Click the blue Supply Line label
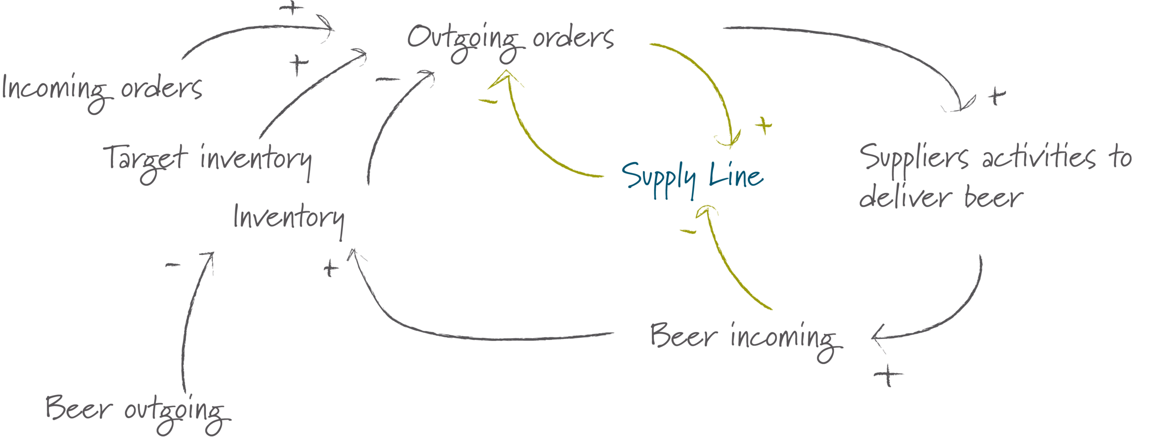[x=692, y=178]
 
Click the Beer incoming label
[x=745, y=338]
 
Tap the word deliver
[x=905, y=198]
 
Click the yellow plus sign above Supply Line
[x=763, y=125]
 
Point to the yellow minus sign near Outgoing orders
[x=488, y=100]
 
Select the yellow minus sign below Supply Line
[x=687, y=231]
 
